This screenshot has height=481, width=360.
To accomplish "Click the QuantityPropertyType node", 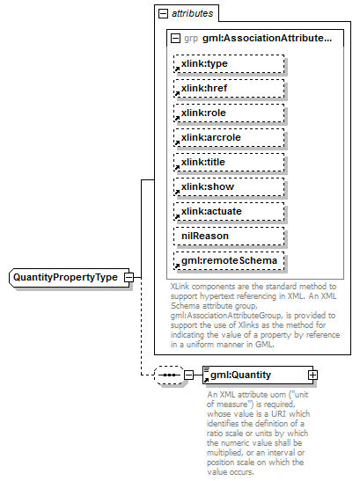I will pyautogui.click(x=65, y=277).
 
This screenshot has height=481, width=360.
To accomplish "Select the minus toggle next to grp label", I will pyautogui.click(x=176, y=39).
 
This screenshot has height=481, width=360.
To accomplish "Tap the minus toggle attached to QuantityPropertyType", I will pyautogui.click(x=129, y=277).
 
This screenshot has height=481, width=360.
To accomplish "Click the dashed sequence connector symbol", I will pyautogui.click(x=167, y=375).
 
